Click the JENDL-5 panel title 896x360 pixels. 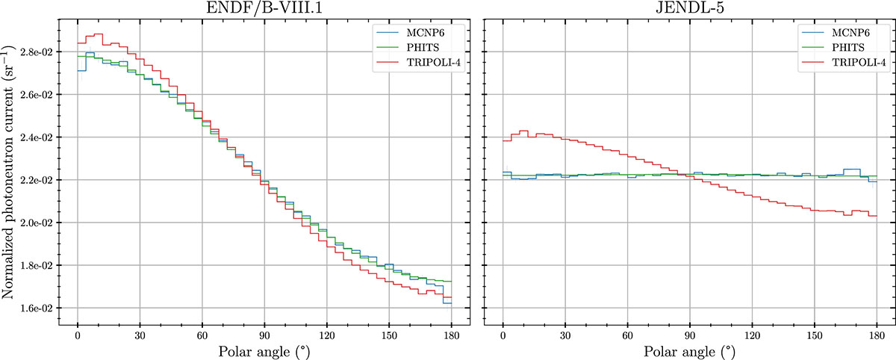point(689,9)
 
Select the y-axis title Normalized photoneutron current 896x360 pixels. point(10,181)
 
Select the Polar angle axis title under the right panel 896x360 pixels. point(689,350)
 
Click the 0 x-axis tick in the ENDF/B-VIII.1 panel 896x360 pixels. point(78,334)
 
